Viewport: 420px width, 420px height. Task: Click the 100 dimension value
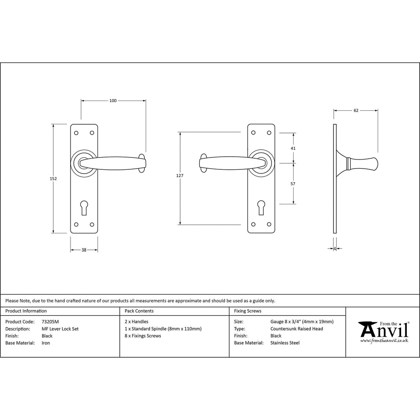[113, 101]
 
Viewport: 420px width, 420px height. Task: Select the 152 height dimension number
[53, 178]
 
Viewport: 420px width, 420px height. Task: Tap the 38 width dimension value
[84, 250]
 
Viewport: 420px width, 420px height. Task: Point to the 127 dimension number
[180, 176]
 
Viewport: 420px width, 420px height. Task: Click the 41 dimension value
[293, 148]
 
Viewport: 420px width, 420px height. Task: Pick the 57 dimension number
[293, 184]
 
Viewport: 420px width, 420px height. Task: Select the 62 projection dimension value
[356, 110]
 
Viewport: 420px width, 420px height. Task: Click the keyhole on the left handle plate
[84, 207]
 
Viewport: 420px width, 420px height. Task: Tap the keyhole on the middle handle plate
[261, 207]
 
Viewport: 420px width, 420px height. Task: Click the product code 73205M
[50, 322]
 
